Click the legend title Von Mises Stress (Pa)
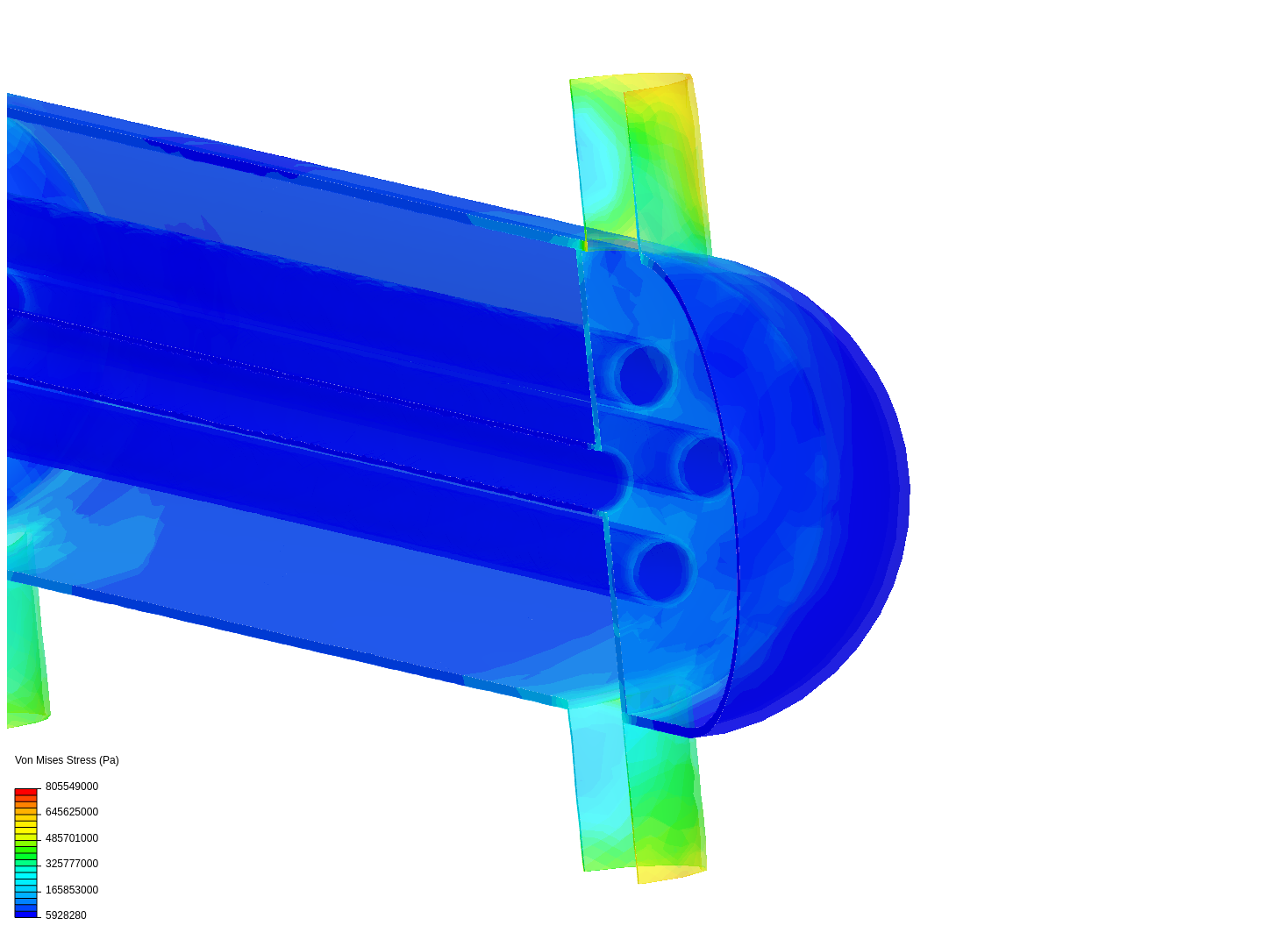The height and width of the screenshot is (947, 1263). (x=67, y=760)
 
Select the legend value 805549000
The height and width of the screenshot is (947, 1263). (x=72, y=787)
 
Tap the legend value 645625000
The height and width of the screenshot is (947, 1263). (x=72, y=812)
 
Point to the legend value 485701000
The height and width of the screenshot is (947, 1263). (x=72, y=838)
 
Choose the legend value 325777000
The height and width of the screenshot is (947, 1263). (x=72, y=864)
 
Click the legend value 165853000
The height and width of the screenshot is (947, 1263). (x=72, y=890)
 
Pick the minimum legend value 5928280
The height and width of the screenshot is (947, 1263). (x=66, y=915)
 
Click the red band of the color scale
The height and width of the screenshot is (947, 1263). (x=26, y=792)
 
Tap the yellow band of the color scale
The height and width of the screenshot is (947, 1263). (x=26, y=828)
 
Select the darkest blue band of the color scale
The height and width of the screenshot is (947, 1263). (x=26, y=915)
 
